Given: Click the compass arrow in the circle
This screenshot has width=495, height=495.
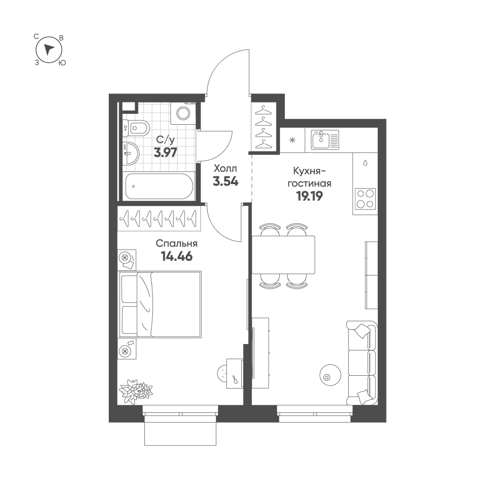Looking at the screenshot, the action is pos(48,49).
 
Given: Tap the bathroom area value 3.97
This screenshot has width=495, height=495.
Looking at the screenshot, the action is pos(166,152).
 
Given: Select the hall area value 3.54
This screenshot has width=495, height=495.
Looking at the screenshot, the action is pos(225,182).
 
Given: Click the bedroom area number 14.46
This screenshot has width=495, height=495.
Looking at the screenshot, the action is pos(177,256).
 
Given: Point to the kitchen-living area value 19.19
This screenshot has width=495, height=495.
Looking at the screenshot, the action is pos(310,197).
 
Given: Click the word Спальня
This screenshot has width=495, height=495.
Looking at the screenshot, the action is pos(177,244).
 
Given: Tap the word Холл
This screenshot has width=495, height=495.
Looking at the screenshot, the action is pos(225,168).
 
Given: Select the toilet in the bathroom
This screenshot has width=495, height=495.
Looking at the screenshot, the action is pos(136,128).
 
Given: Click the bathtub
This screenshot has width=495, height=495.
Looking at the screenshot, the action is pos(159,187).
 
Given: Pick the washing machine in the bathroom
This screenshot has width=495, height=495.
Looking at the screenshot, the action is pos(183,113).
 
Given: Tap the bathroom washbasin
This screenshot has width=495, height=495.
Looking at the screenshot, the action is pos(131,153).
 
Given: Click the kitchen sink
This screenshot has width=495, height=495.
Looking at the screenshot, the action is pos(325,140).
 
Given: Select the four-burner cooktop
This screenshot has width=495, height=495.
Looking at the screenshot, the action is pos(365,199).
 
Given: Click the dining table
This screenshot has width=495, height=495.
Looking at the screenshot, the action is pos(283,255).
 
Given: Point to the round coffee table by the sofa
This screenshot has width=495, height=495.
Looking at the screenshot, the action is pos(330,375).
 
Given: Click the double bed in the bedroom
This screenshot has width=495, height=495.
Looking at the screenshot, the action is pos(160,304).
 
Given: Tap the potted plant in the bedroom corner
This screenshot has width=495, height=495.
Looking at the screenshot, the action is pos(135,391).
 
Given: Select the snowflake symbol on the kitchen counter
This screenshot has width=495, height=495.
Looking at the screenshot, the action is pos(293,140).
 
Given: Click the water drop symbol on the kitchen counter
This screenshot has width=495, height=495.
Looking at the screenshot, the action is pos(365,163).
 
